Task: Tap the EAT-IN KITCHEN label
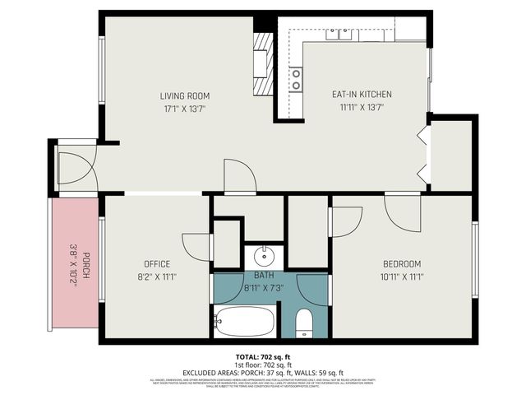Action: coord(356,95)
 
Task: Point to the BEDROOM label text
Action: coord(402,264)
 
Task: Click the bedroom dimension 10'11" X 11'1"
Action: coord(402,276)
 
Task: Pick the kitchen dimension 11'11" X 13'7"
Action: coord(356,107)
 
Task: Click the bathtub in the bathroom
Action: coord(245,321)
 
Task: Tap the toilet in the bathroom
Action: coord(303,323)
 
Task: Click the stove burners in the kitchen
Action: coord(295,79)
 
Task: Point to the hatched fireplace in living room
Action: coord(262,66)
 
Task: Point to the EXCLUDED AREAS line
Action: coord(262,372)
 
